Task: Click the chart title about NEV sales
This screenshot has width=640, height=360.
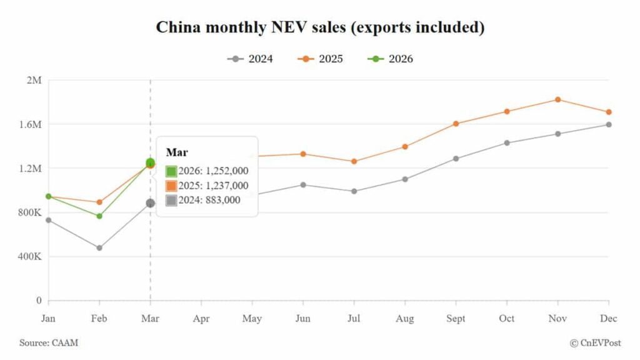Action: pos(320,28)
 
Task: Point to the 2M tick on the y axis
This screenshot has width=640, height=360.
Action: pos(34,80)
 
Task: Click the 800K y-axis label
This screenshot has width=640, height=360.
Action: pos(30,212)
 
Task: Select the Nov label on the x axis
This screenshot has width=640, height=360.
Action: pos(557,319)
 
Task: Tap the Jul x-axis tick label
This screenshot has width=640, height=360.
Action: pos(354,319)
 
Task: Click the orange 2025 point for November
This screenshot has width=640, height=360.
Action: pos(557,99)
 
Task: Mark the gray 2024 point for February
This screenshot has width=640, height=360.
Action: pos(99,247)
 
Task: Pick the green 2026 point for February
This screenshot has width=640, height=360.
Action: pos(99,216)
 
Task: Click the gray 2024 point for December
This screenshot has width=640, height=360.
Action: pos(609,124)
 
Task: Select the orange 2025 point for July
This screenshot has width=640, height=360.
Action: pos(354,161)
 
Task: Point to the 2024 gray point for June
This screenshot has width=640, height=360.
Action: pos(303,185)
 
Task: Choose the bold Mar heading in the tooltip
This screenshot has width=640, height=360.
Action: pos(173,152)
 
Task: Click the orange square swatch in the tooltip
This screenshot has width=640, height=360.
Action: pos(171,186)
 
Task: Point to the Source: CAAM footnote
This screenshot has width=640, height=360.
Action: pos(49,342)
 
